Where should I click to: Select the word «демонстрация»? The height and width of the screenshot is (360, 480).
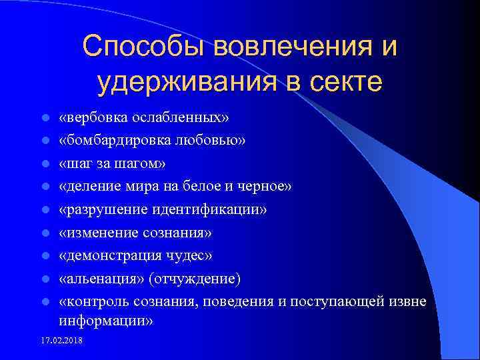tap(107, 255)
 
